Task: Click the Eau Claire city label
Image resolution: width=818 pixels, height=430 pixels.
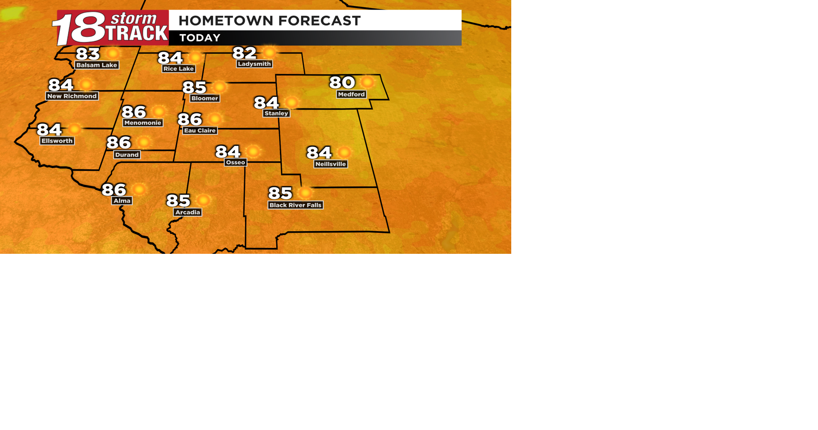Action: [x=200, y=131]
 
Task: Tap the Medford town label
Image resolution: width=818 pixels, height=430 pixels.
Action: [x=351, y=94]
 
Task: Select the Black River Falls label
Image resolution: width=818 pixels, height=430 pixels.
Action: [x=295, y=205]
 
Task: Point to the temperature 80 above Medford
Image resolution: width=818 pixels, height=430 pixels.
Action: [x=342, y=82]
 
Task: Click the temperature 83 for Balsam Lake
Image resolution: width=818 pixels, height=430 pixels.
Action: [x=88, y=54]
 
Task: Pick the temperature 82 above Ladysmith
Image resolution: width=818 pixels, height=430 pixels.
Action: [x=245, y=53]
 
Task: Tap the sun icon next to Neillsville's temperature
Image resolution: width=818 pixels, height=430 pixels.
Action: [x=344, y=152]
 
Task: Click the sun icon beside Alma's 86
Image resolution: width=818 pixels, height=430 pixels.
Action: [x=139, y=189]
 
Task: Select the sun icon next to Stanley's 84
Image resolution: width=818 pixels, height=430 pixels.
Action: [x=292, y=102]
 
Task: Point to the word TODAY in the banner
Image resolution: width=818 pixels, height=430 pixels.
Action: [x=200, y=38]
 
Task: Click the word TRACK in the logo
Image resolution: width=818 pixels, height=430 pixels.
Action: [x=137, y=34]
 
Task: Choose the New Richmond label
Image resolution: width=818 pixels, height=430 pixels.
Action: [x=72, y=96]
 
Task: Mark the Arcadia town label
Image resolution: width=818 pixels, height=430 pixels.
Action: [x=188, y=212]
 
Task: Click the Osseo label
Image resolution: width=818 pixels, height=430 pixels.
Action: [x=236, y=163]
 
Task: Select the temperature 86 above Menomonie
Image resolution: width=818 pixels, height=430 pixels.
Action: [x=134, y=112]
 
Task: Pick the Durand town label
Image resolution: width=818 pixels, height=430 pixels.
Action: [x=127, y=154]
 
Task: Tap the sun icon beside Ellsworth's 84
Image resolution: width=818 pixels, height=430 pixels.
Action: [x=75, y=129]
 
